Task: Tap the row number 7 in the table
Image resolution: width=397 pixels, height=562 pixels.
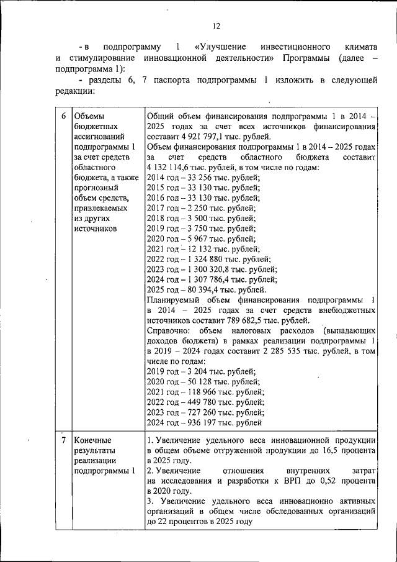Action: (63, 440)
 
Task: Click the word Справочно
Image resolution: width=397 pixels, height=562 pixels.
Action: (171, 330)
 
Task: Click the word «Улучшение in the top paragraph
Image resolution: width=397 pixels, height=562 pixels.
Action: (220, 47)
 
